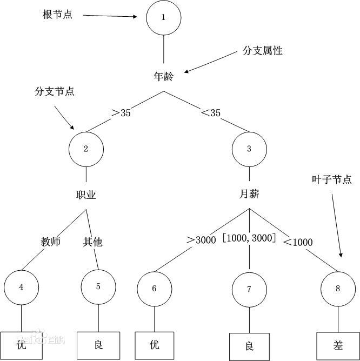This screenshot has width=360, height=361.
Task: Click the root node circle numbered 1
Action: (163, 17)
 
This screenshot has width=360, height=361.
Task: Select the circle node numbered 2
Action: (86, 149)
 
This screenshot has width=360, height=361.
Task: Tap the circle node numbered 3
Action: (249, 149)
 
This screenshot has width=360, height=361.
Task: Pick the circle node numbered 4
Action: (21, 287)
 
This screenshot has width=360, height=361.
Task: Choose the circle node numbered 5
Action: (98, 286)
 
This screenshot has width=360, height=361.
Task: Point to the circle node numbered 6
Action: (154, 289)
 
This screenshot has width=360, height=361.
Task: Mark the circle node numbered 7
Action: (249, 289)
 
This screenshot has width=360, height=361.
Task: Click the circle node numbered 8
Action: (338, 289)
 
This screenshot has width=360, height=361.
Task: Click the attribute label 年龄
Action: (163, 76)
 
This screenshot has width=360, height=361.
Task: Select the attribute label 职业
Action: (86, 195)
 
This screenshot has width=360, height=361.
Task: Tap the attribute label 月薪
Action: (249, 193)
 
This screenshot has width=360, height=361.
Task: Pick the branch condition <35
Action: (210, 113)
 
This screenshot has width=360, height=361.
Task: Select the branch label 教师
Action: (50, 242)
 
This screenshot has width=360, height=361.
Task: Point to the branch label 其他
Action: (92, 242)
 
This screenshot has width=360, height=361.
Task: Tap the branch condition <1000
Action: (298, 242)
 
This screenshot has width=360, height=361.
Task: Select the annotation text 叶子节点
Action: (332, 180)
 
